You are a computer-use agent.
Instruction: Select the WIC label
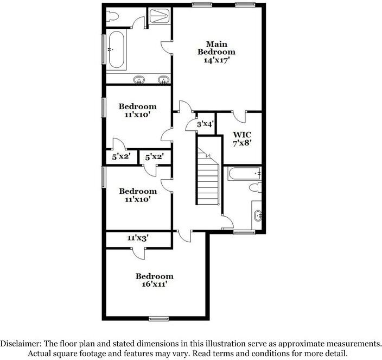tap(242, 135)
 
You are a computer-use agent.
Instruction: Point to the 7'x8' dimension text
tap(242, 144)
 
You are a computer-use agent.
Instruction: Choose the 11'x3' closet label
tap(138, 238)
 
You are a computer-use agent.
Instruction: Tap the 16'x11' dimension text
tap(154, 285)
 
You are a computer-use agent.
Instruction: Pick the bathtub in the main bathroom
tap(116, 50)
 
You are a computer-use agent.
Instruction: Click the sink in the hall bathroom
tap(258, 216)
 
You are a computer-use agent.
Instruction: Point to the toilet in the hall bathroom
tap(254, 188)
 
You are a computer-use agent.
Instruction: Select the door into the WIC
tap(239, 115)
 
